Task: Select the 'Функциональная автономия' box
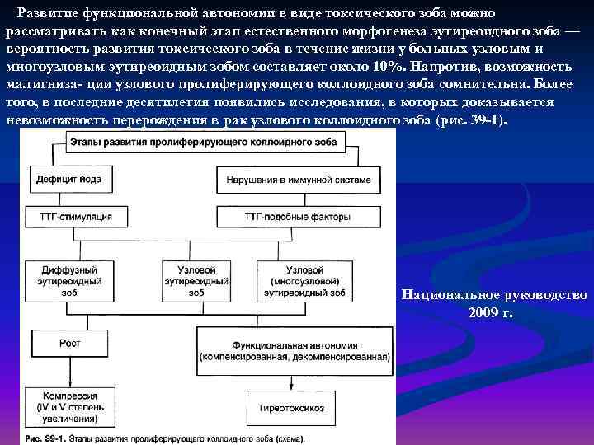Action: [x=295, y=340]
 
